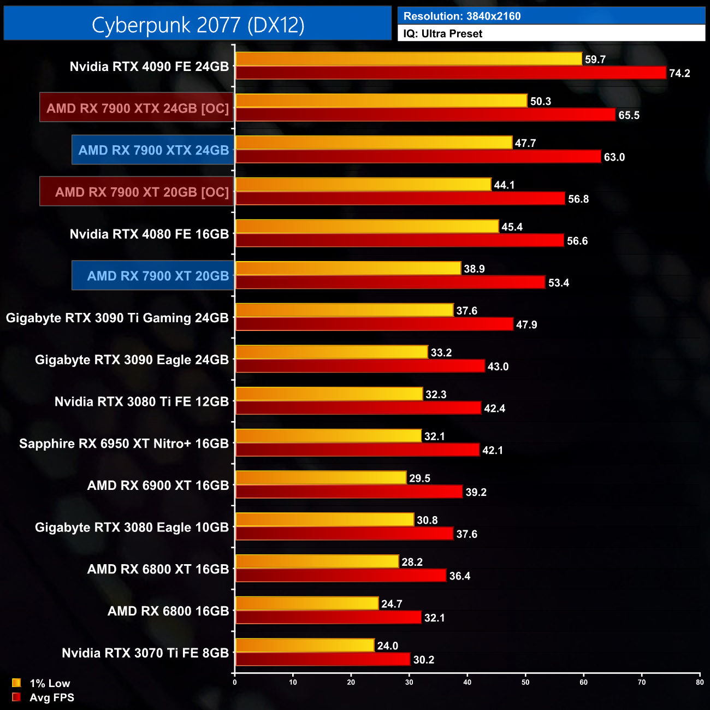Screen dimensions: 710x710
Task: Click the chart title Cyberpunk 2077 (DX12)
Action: click(x=198, y=25)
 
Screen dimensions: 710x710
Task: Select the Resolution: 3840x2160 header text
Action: click(x=462, y=16)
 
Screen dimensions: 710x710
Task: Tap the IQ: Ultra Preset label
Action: click(x=443, y=33)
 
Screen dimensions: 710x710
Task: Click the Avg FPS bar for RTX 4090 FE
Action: click(x=451, y=73)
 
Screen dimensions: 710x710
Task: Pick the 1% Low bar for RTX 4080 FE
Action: click(x=367, y=227)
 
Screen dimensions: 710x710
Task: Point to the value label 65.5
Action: click(x=629, y=115)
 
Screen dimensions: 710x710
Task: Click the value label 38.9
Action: click(x=474, y=269)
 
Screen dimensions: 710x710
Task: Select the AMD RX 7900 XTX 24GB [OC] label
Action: click(x=137, y=108)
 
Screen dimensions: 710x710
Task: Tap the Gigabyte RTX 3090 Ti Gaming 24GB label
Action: click(x=117, y=318)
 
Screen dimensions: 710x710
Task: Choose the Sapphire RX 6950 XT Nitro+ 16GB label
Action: click(x=124, y=443)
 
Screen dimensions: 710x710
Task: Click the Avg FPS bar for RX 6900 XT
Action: click(x=349, y=492)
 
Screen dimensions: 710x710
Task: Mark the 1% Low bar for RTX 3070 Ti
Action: click(x=305, y=646)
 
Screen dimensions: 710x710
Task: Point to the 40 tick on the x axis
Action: click(x=468, y=682)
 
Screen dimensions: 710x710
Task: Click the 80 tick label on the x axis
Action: click(x=700, y=682)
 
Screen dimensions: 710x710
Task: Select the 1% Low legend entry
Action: click(x=42, y=683)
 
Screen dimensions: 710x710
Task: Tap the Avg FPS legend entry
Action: click(x=44, y=697)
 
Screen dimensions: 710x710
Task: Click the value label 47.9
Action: click(x=526, y=324)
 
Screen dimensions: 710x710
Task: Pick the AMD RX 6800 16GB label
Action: click(x=168, y=611)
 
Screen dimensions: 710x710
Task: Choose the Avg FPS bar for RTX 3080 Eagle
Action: click(x=345, y=534)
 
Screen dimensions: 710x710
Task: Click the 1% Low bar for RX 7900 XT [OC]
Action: click(x=363, y=185)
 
